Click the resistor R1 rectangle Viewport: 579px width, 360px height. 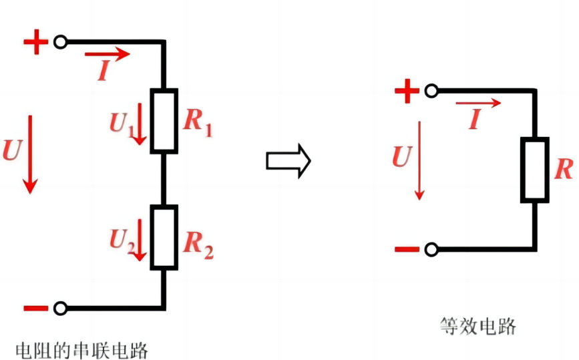click(x=164, y=120)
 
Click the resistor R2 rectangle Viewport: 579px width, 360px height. click(x=164, y=237)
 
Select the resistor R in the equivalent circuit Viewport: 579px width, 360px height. click(x=535, y=170)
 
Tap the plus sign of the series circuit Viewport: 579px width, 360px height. click(x=36, y=43)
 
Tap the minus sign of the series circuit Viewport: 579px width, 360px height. click(x=36, y=308)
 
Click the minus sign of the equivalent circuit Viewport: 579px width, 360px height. click(x=407, y=250)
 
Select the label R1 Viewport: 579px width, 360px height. click(x=198, y=122)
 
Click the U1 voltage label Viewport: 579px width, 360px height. click(x=121, y=122)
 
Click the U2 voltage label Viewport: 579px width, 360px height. click(x=121, y=240)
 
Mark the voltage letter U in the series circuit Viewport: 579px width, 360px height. click(x=11, y=150)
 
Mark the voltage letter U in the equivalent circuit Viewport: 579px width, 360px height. click(x=401, y=156)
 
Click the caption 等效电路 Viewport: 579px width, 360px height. click(x=478, y=326)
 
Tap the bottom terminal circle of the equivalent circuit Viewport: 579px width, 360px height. click(x=431, y=250)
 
